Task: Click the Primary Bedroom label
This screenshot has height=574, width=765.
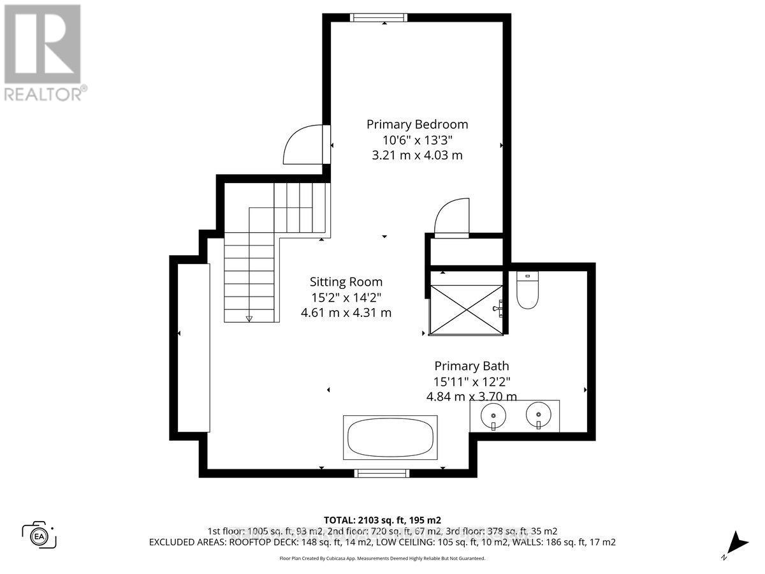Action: coord(417,124)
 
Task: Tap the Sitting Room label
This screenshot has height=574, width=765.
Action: coord(346,282)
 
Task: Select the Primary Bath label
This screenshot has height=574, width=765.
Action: coord(472,366)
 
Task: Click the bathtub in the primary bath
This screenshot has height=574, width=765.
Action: coord(391,438)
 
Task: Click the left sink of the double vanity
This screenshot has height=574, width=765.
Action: coord(493,416)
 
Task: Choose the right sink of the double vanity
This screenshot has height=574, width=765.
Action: coord(538,416)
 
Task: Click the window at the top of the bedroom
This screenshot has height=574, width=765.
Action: coord(386,18)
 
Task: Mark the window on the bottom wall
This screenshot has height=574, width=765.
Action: coord(382,473)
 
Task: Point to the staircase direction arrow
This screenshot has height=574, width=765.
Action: coord(249,318)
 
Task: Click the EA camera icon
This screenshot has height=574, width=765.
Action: coord(39,534)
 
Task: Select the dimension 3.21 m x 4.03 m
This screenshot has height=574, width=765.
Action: coord(417,155)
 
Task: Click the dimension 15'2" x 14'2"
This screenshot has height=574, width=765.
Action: coord(346,297)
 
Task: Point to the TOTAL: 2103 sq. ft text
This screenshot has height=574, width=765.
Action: coord(382,519)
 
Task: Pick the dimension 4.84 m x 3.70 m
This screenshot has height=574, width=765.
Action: coord(472,396)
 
